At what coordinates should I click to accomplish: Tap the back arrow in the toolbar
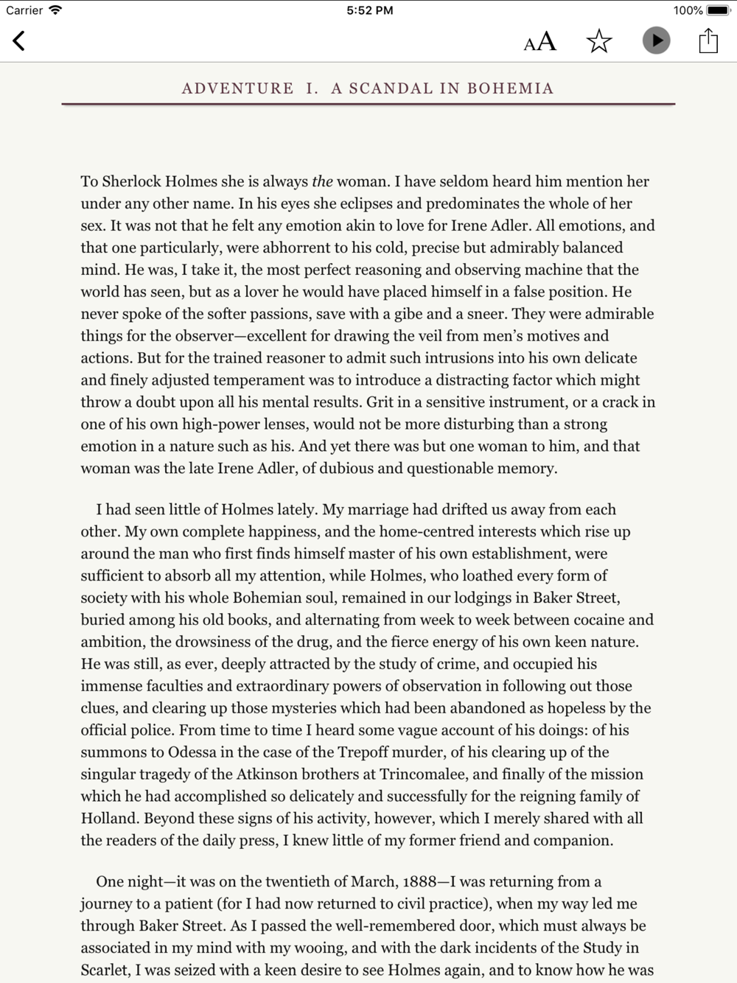click(x=19, y=41)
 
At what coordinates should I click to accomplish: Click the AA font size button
click(x=539, y=41)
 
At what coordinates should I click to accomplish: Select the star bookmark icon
click(x=599, y=41)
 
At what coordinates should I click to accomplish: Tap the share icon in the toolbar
click(x=708, y=41)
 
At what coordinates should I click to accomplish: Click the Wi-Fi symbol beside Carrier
click(x=55, y=10)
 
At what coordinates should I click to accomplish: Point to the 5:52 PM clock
click(x=369, y=10)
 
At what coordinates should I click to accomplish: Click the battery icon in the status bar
click(x=718, y=10)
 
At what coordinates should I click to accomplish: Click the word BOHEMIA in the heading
click(x=510, y=88)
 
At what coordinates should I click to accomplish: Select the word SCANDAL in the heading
click(x=391, y=88)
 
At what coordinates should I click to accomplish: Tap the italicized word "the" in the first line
click(x=322, y=181)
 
